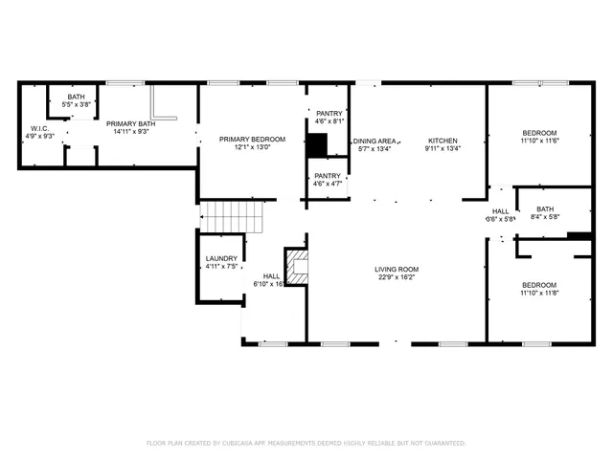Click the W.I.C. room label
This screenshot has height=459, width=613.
coord(39,128)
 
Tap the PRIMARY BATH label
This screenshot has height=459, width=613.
coord(130,123)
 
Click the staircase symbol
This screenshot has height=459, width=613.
coord(230,217)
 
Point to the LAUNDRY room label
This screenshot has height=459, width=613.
coord(221,259)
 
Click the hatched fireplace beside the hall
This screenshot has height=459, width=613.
coord(297,266)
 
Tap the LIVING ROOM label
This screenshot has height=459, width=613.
coord(397,269)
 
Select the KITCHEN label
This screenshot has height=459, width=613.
coord(443,139)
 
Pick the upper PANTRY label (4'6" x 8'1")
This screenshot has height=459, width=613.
coord(329,114)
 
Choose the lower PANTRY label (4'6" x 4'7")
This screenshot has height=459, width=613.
coord(328,176)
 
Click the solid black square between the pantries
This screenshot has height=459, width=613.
coord(317,145)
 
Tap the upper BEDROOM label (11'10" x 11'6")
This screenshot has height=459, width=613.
coord(539,132)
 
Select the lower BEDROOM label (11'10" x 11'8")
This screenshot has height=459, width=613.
coord(539,285)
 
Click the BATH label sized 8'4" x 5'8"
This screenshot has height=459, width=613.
coord(545,209)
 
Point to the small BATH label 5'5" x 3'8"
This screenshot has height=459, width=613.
coord(76,97)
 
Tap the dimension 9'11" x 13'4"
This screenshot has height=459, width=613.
coord(443,148)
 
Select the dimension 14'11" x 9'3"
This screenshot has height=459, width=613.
coord(130,132)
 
